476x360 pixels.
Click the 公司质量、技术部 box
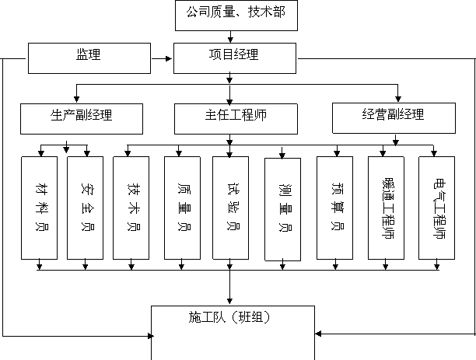pyautogui.click(x=236, y=16)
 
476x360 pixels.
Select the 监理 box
pyautogui.click(x=89, y=58)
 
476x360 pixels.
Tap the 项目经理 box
pyautogui.click(x=235, y=58)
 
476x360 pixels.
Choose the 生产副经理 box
pyautogui.click(x=82, y=119)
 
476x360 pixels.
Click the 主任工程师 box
pyautogui.click(x=236, y=119)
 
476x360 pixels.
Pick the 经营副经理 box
pyautogui.click(x=394, y=118)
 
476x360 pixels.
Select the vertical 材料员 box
pyautogui.click(x=39, y=208)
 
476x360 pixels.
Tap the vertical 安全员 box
pyautogui.click(x=85, y=208)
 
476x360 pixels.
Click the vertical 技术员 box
pyautogui.click(x=131, y=208)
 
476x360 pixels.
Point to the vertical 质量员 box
pyautogui.click(x=182, y=208)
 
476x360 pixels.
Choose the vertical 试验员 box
pyautogui.click(x=230, y=208)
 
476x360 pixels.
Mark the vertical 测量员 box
pyautogui.click(x=282, y=209)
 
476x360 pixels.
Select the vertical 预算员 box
pyautogui.click(x=334, y=208)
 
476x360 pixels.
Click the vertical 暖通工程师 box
pyautogui.click(x=386, y=208)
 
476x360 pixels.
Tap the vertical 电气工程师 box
pyautogui.click(x=436, y=208)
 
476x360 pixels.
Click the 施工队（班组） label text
pyautogui.click(x=229, y=317)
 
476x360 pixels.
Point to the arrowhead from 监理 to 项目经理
pyautogui.click(x=169, y=58)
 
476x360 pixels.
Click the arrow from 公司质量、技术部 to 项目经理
pyautogui.click(x=230, y=37)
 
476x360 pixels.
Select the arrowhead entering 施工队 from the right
pyautogui.click(x=318, y=334)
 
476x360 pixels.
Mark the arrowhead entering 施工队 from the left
pyautogui.click(x=151, y=336)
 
